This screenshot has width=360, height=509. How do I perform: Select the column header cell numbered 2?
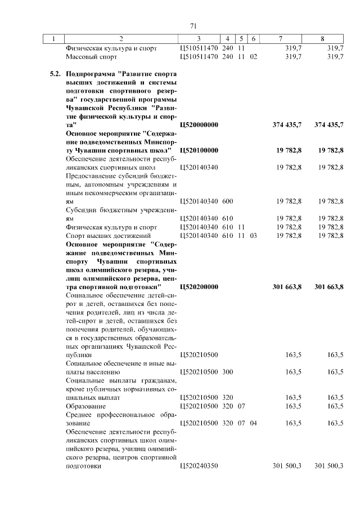pos(121,39)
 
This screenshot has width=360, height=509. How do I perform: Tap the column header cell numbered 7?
pos(280,39)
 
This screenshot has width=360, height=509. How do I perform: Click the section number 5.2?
pos(55,74)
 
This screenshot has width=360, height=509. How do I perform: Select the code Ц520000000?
pos(199,124)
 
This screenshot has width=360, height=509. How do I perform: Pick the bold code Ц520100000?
pos(199,150)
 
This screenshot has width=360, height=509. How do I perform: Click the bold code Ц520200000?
pos(199,287)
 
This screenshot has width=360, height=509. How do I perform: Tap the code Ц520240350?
pos(199,466)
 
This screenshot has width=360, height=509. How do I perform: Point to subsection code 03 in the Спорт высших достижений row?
pos(253,236)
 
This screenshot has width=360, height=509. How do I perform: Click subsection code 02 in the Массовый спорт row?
pos(253,57)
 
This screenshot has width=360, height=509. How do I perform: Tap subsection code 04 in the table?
pos(253,423)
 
